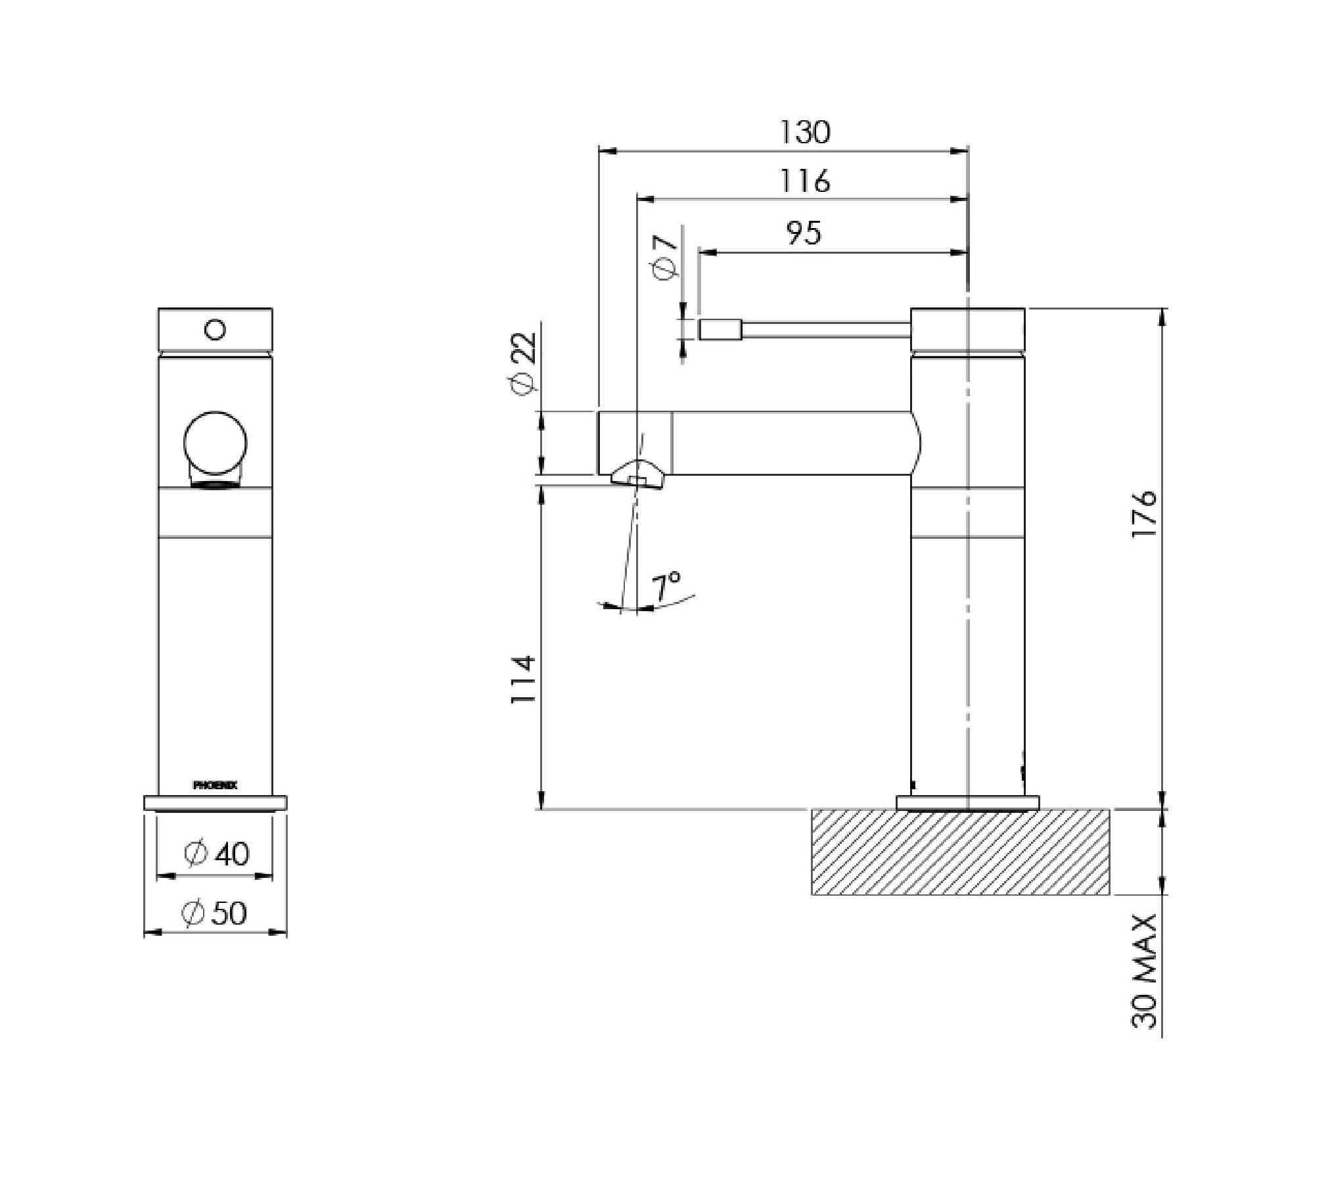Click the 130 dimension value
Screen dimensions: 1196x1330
(x=804, y=132)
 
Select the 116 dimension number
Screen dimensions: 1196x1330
(x=804, y=181)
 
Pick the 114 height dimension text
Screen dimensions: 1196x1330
(x=524, y=679)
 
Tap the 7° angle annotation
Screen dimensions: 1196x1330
(x=666, y=587)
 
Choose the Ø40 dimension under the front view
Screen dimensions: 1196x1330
(x=216, y=854)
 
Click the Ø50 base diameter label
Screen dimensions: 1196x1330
(x=215, y=913)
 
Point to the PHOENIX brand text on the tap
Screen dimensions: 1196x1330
(x=215, y=785)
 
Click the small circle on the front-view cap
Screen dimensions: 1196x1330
(x=215, y=329)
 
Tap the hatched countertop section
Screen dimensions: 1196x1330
(x=960, y=852)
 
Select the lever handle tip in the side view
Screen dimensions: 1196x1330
(x=720, y=329)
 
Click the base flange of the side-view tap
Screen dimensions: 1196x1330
(x=967, y=802)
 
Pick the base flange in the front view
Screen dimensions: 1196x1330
(x=215, y=802)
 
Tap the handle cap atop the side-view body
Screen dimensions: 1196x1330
(x=967, y=329)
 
